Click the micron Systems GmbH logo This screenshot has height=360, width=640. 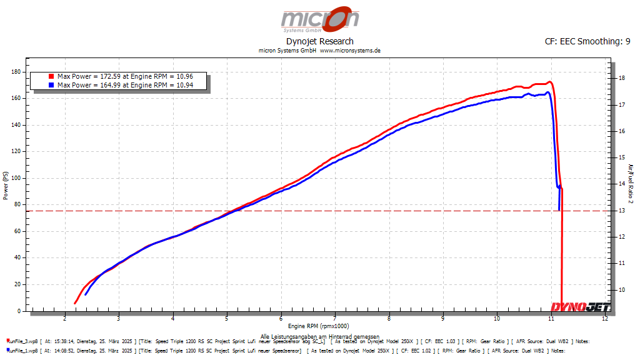(319, 20)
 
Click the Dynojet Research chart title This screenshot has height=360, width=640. (319, 41)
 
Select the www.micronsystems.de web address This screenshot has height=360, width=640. (350, 51)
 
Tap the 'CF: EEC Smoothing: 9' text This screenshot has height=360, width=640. (587, 41)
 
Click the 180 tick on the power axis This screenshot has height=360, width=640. (17, 72)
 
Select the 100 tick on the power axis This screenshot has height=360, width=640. (17, 178)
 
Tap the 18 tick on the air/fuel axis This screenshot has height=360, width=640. (621, 79)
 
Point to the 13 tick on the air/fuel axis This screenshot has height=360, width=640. (621, 211)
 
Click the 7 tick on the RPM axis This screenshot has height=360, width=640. (335, 319)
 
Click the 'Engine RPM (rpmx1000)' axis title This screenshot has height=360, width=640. (319, 326)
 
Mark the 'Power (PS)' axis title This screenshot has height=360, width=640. (6, 186)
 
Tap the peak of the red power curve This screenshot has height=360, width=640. (549, 82)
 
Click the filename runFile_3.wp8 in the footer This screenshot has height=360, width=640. (22, 341)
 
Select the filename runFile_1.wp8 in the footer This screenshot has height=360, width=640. (22, 351)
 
